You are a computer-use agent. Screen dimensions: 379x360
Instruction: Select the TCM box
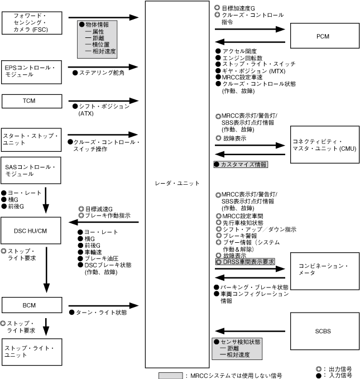30,100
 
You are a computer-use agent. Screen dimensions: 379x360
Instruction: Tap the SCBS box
323,331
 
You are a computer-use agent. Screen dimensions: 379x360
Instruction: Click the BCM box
30,305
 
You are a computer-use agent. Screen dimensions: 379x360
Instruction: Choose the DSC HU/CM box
30,229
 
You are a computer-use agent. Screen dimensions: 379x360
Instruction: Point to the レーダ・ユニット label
176,183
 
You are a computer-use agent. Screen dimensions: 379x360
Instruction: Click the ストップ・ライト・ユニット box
30,352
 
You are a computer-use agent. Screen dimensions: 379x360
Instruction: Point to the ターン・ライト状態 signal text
101,313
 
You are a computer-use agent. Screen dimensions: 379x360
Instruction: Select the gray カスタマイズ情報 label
241,165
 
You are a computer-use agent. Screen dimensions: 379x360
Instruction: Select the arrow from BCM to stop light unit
46,327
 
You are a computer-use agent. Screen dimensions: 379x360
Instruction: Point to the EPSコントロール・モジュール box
30,71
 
